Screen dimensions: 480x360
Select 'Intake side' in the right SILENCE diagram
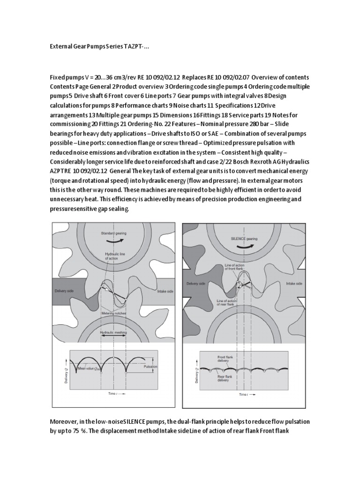click(286, 283)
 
